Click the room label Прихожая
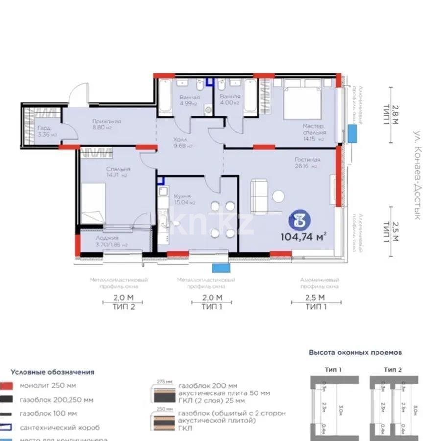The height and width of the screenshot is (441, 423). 106,121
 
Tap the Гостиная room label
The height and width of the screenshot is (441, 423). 307,160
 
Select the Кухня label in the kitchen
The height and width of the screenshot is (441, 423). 182,196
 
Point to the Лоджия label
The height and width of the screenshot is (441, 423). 93,238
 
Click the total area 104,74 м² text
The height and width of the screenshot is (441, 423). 303,237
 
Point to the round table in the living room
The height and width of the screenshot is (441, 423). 292,196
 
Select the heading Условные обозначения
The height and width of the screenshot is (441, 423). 52,372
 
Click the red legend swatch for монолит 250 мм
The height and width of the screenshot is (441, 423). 6,386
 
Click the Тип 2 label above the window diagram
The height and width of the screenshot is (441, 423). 393,369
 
